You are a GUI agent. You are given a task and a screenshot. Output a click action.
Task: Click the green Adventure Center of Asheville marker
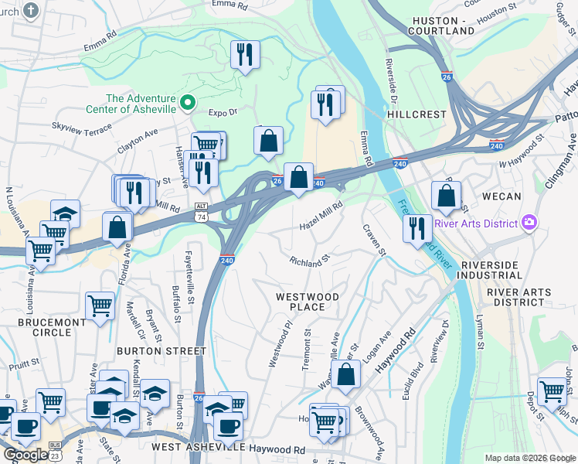pos(187,102)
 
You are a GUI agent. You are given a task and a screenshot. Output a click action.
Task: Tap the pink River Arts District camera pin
pos(529,223)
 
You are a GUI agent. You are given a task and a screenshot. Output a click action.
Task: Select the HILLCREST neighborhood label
pos(416,114)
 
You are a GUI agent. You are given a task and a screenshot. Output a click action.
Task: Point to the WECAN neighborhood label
pos(501,196)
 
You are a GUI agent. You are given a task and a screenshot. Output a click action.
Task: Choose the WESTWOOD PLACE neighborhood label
pos(308,302)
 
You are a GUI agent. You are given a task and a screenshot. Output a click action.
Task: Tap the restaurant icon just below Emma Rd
pos(245,54)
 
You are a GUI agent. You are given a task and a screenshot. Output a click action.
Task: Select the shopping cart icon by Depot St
pos(552,391)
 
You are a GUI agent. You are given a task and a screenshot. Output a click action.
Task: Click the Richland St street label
pos(310,262)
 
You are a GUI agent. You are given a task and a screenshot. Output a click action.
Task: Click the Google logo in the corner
pos(25,454)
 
